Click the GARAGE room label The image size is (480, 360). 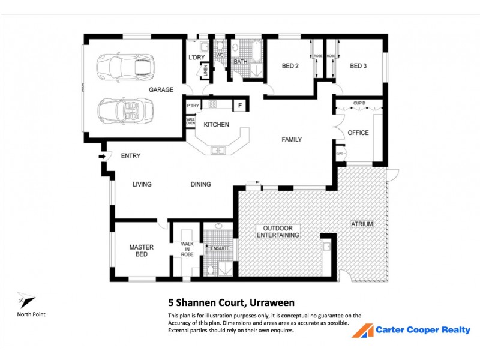click(x=161, y=90)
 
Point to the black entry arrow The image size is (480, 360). click(x=102, y=157)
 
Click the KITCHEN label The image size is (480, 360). click(x=216, y=125)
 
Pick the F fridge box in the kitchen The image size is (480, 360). click(x=239, y=106)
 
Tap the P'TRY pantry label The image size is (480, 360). click(x=193, y=106)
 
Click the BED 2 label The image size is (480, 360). click(x=290, y=66)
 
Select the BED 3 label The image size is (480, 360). click(x=358, y=66)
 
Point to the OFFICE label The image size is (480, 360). click(x=358, y=133)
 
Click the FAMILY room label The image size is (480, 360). click(x=292, y=140)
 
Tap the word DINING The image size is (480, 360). click(x=200, y=184)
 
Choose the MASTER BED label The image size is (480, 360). click(x=142, y=251)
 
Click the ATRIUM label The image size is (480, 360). click(x=362, y=224)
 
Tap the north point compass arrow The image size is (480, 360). click(x=26, y=302)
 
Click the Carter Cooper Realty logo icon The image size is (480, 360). click(x=362, y=331)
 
